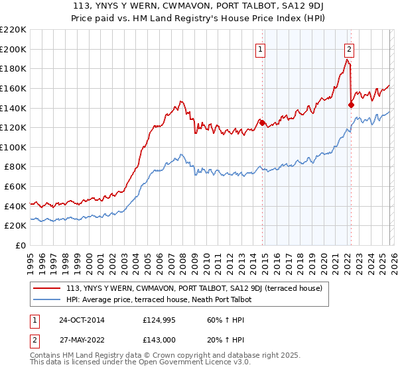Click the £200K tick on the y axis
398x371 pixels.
click(x=13, y=49)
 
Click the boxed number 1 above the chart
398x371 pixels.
click(x=261, y=48)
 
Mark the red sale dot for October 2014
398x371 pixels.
click(x=263, y=122)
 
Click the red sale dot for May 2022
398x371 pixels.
click(x=352, y=104)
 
